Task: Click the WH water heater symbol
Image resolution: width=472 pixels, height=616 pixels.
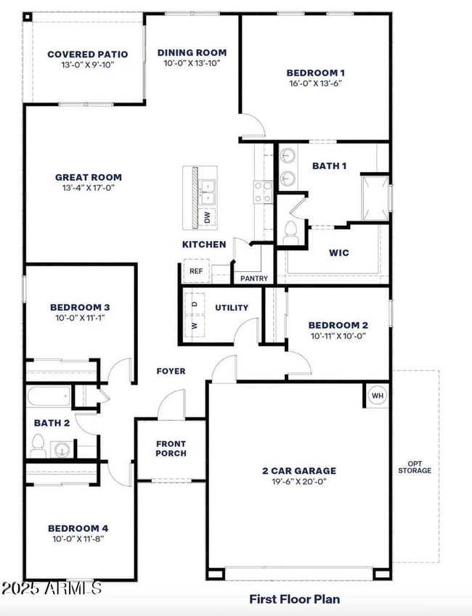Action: pos(378,395)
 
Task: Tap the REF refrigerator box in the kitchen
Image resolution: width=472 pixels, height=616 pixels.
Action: pos(196,271)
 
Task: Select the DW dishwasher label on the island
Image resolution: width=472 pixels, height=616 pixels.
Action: pos(207,216)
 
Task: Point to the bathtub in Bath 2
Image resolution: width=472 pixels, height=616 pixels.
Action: pos(49,397)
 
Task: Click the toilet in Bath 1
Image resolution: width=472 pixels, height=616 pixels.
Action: pos(291,230)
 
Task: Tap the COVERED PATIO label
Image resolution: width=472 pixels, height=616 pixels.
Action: pos(87,54)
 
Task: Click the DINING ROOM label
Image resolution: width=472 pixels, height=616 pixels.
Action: pos(192,52)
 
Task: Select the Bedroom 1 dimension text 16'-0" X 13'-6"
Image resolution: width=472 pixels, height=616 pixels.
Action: pos(314,83)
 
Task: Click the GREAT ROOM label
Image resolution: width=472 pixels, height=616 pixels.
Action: pos(89,177)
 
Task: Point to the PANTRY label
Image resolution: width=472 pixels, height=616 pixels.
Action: pos(253,279)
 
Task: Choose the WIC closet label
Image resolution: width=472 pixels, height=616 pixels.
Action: pos(338,253)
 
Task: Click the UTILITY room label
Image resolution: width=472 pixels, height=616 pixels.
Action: pos(232,308)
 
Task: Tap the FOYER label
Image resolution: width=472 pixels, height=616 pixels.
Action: pos(171,371)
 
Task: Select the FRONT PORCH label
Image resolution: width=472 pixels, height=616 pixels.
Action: pos(171,448)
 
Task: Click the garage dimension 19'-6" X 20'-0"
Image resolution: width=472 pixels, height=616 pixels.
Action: pos(299,481)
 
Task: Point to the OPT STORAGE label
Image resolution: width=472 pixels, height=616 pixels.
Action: pos(415,467)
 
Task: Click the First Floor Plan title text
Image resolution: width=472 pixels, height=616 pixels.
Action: pos(294,599)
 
